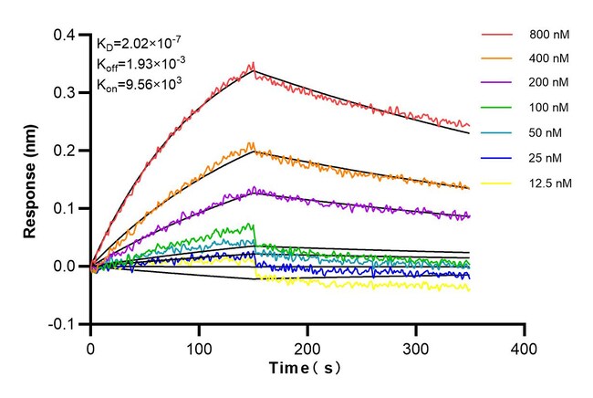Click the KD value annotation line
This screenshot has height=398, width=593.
140,43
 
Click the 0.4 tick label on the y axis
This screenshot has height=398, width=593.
68,35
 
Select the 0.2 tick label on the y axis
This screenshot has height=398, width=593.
68,151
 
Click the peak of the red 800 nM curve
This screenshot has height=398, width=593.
253,63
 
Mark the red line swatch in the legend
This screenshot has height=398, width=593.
499,36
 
